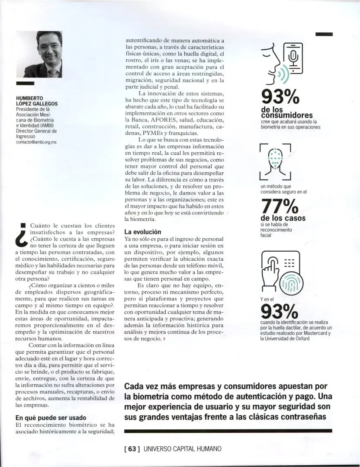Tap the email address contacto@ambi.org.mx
click(x=36, y=141)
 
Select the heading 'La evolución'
click(x=143, y=232)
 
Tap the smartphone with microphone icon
click(x=292, y=58)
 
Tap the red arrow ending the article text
click(x=164, y=339)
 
